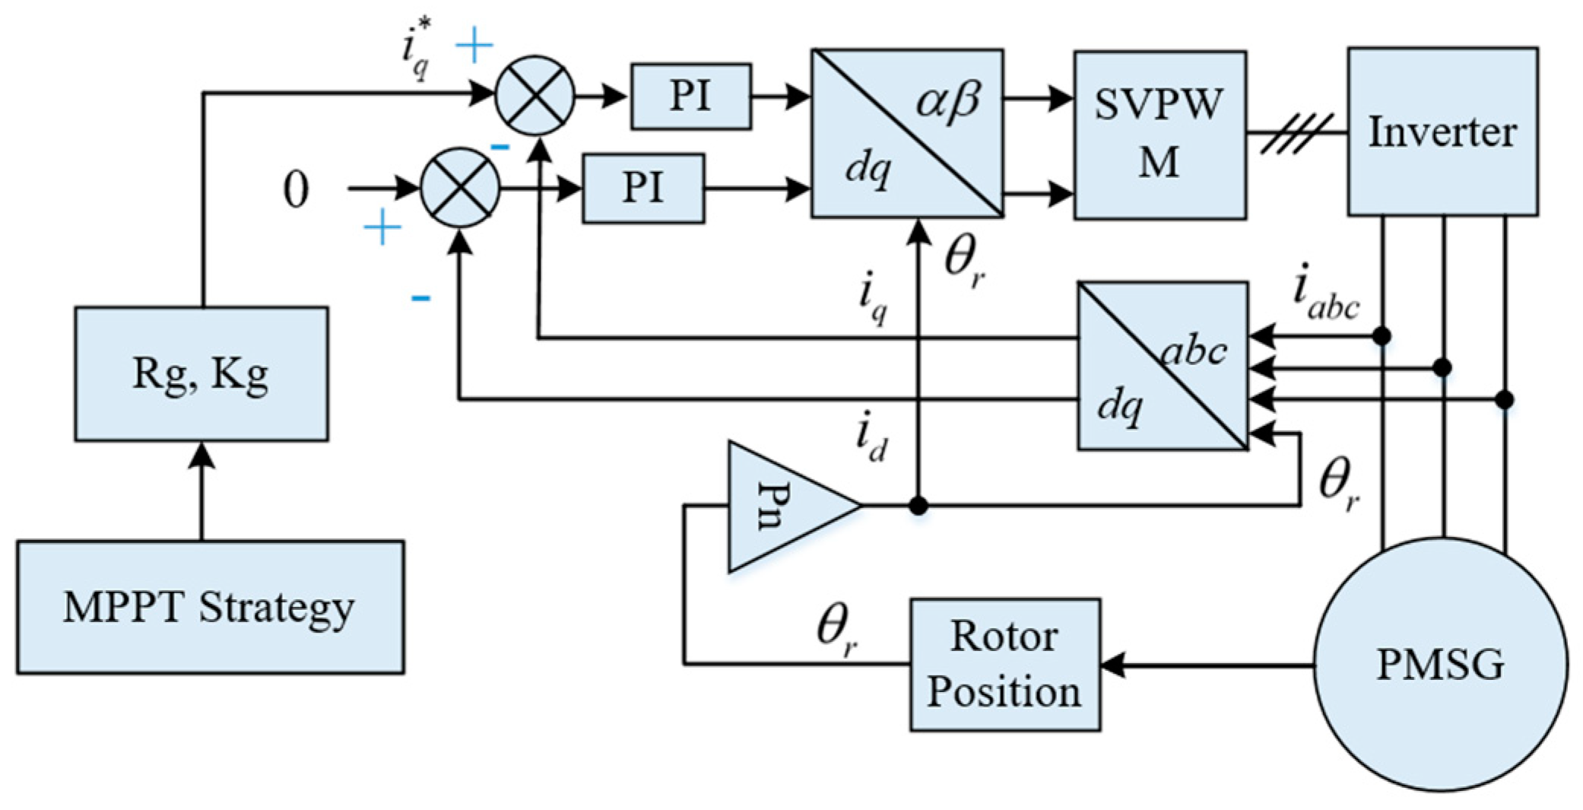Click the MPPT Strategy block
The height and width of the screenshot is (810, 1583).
click(211, 607)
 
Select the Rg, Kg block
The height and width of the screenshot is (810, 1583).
click(201, 374)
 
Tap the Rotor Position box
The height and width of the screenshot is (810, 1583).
click(1005, 665)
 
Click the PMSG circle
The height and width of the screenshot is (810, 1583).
click(1441, 664)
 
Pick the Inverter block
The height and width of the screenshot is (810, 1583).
click(1443, 132)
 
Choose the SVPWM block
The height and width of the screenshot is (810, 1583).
click(1160, 135)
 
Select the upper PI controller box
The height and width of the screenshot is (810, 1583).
click(691, 96)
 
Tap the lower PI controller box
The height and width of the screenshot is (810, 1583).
click(643, 189)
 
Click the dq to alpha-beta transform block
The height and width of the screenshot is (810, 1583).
click(907, 134)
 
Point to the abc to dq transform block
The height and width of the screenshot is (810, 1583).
click(1163, 366)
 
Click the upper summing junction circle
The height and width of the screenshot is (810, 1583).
click(535, 95)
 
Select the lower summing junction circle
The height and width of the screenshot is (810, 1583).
click(460, 187)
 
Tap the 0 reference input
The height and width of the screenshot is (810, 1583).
click(296, 189)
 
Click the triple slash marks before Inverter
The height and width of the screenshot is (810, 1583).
click(1296, 134)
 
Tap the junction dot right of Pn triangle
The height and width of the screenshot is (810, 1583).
click(918, 505)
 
